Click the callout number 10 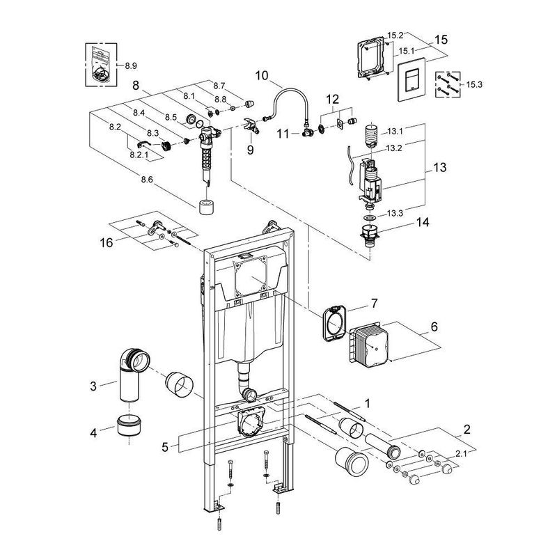click(x=261, y=75)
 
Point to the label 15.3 click(x=474, y=84)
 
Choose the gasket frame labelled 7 click(x=333, y=323)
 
